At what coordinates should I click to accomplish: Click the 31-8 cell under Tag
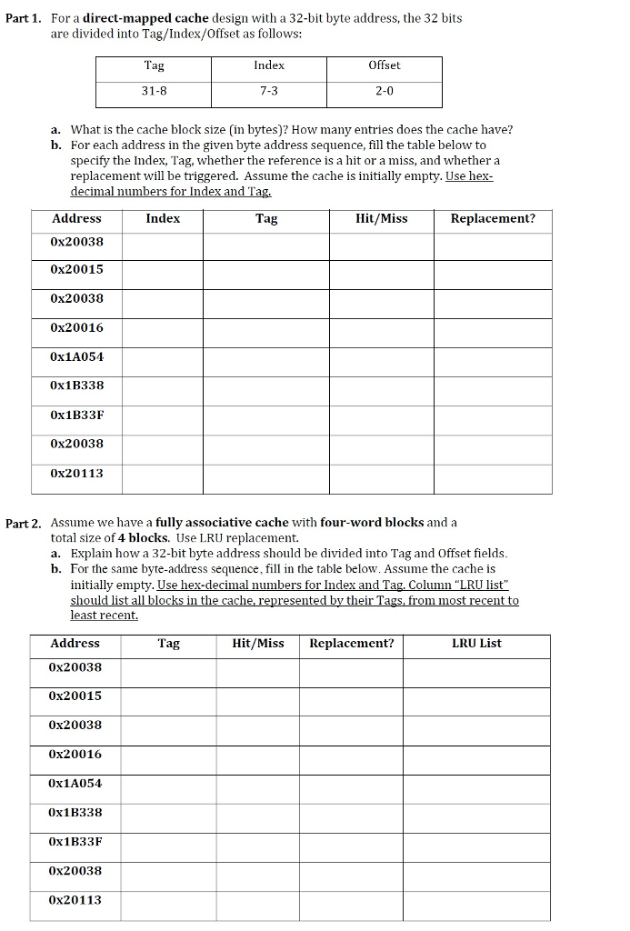click(155, 91)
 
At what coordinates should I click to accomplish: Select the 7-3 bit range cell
click(269, 91)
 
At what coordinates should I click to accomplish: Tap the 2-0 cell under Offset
click(385, 91)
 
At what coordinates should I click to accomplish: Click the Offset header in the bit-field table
click(385, 65)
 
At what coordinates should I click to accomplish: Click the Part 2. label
click(24, 523)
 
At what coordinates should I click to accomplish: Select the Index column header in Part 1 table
click(163, 218)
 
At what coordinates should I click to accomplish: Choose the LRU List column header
click(476, 643)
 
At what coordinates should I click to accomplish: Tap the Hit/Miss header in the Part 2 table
click(258, 643)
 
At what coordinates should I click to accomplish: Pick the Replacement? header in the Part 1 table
click(493, 218)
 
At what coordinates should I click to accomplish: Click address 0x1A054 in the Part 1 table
click(77, 356)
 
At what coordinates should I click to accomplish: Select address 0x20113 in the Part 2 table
click(76, 900)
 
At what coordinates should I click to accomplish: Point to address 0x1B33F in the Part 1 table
click(77, 415)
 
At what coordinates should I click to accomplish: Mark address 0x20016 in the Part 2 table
click(76, 754)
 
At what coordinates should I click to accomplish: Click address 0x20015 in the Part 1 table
click(77, 269)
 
